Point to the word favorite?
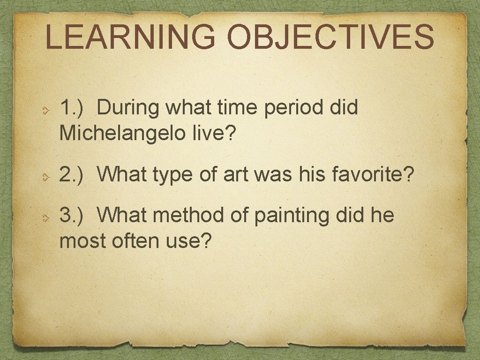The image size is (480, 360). [x=374, y=175]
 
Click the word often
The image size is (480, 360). [x=136, y=242]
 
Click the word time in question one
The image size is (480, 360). [x=239, y=108]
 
